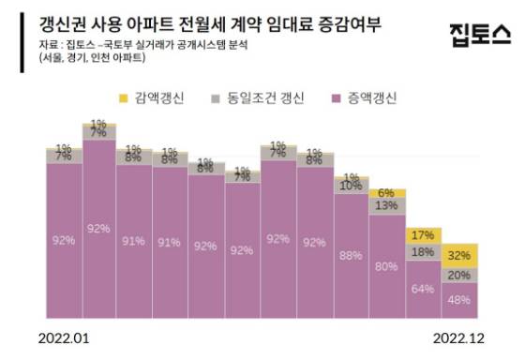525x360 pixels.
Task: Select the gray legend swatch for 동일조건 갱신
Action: tap(216, 97)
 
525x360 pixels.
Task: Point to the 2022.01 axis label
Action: tap(67, 335)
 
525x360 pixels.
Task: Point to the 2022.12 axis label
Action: tap(458, 335)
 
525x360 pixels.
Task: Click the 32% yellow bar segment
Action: tap(460, 254)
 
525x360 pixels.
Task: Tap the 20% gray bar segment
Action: tap(460, 276)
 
